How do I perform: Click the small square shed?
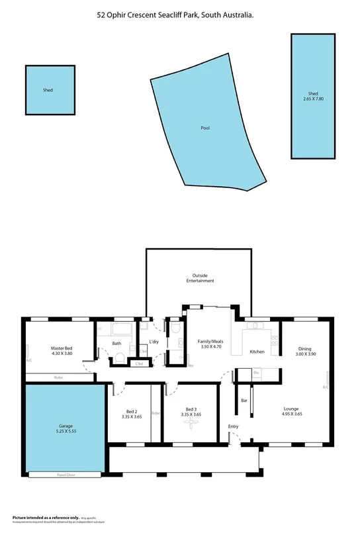48,89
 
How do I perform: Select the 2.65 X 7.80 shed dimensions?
313,99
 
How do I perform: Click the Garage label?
64,426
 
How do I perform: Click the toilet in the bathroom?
120,358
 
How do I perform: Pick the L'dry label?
154,342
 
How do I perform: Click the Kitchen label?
257,352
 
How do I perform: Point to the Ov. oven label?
256,373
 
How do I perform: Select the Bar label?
244,401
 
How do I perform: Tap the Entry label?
233,426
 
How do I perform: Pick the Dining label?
304,348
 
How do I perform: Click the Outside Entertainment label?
200,278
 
